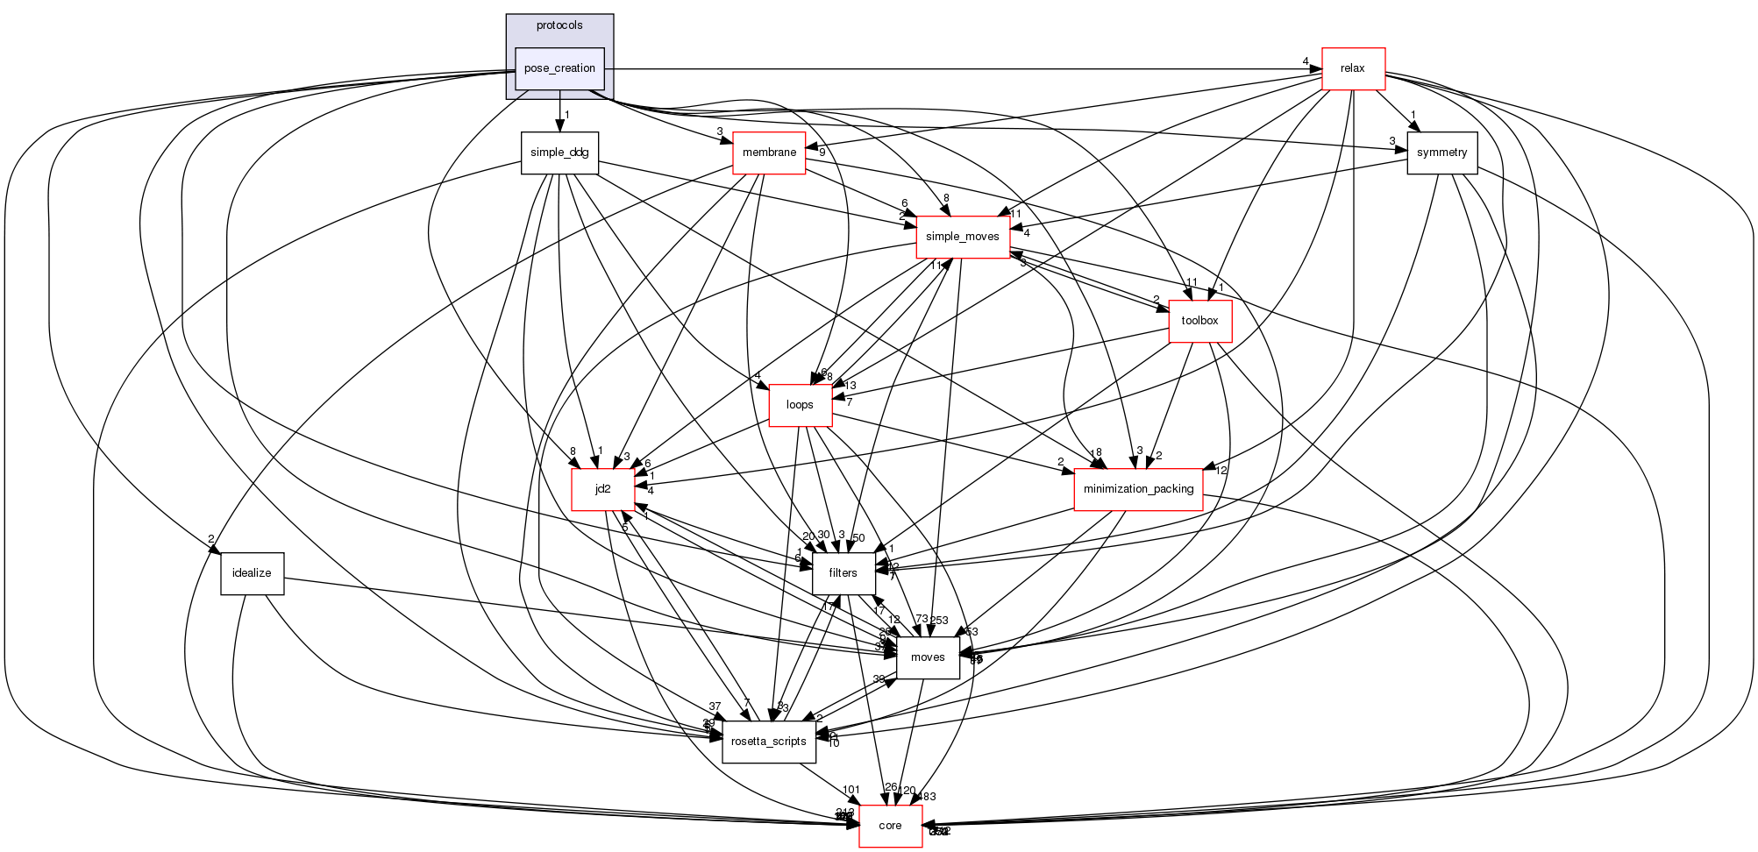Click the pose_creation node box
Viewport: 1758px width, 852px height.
click(559, 68)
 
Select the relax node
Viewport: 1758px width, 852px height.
click(1352, 68)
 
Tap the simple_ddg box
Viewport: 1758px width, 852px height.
click(559, 153)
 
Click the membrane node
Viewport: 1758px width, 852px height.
click(769, 153)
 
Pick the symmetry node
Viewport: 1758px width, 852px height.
click(1441, 153)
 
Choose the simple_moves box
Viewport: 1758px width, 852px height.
click(962, 237)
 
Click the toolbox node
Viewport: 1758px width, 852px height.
click(1199, 321)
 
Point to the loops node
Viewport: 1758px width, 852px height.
click(800, 405)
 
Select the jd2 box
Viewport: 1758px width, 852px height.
click(602, 489)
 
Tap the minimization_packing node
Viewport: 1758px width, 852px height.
click(1138, 489)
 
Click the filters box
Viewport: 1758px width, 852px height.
click(843, 573)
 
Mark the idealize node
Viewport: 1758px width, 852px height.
click(252, 573)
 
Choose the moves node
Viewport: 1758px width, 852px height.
click(928, 657)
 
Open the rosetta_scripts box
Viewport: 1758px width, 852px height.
click(768, 742)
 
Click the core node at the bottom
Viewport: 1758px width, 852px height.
click(890, 826)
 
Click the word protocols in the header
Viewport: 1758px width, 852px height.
click(559, 25)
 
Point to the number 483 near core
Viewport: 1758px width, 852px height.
click(926, 797)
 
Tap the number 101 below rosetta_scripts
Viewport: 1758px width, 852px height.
click(851, 790)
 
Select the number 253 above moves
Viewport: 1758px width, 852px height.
click(938, 621)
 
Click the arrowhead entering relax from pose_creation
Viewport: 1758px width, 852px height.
click(1315, 68)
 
